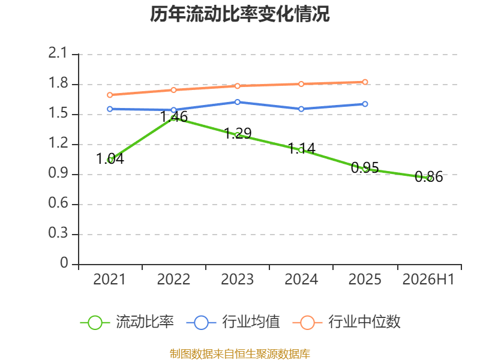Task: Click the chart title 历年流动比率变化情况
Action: click(239, 14)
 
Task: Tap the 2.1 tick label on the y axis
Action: click(58, 53)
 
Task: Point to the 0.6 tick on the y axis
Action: click(58, 203)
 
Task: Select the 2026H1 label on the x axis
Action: click(428, 279)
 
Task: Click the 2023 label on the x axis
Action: click(237, 279)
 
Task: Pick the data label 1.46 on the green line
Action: click(174, 117)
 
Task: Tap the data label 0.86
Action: click(428, 176)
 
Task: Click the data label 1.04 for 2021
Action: click(110, 158)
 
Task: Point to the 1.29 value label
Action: click(238, 133)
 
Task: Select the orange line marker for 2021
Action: click(110, 95)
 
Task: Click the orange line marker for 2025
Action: click(365, 82)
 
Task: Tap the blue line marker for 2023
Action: click(237, 102)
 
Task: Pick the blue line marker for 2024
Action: click(301, 109)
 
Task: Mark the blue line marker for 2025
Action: click(365, 104)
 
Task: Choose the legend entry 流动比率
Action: click(127, 322)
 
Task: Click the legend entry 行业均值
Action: click(233, 322)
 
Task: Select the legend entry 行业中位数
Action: click(347, 322)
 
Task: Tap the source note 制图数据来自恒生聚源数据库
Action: click(239, 353)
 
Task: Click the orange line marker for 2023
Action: click(237, 86)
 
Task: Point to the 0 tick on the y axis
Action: click(64, 263)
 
